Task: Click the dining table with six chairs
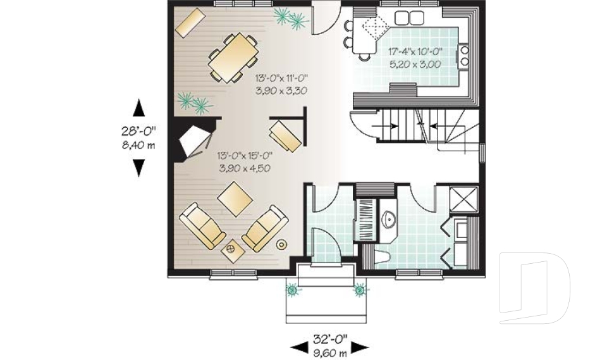point(233,58)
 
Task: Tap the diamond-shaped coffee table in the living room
point(235,199)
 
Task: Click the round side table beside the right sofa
point(281,244)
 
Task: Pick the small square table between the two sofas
point(232,250)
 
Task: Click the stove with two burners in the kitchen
point(465,56)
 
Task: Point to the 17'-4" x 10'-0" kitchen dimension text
point(415,53)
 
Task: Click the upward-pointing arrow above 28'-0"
point(139,109)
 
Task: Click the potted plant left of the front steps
point(293,290)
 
